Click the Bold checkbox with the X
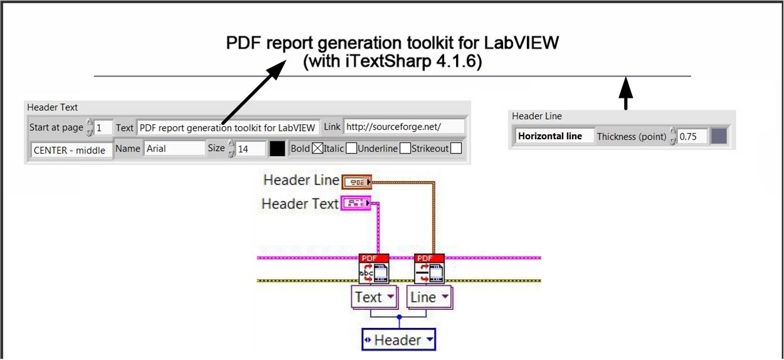pyautogui.click(x=318, y=149)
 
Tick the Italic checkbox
pyautogui.click(x=352, y=149)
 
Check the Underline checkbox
pyautogui.click(x=406, y=149)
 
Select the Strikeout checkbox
pyautogui.click(x=456, y=149)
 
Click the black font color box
pyautogui.click(x=277, y=149)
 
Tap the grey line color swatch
pyautogui.click(x=719, y=136)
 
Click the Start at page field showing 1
pyautogui.click(x=103, y=127)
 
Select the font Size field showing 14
pyautogui.click(x=250, y=149)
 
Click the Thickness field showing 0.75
pyautogui.click(x=692, y=136)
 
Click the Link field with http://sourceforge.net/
pyautogui.click(x=404, y=127)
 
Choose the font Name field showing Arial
pyautogui.click(x=174, y=149)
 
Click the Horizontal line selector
pyautogui.click(x=554, y=136)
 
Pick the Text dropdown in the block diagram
pyautogui.click(x=374, y=297)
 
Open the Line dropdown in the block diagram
pyautogui.click(x=430, y=297)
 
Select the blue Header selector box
pyautogui.click(x=399, y=340)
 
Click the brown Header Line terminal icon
pyautogui.click(x=357, y=182)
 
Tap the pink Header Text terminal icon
pyautogui.click(x=356, y=203)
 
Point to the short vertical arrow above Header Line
pyautogui.click(x=625, y=94)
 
